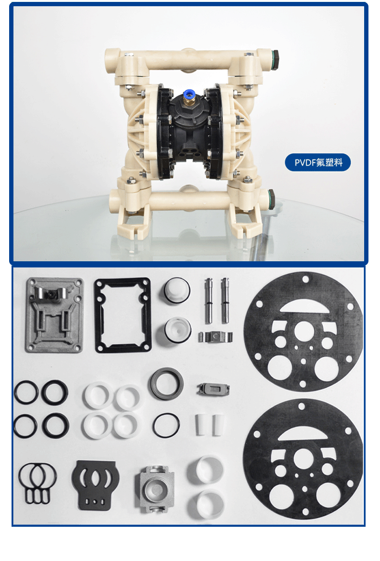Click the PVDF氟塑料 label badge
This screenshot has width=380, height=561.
coord(317,162)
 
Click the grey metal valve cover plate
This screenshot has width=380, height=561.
coord(54,315)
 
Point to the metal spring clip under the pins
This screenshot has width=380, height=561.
coord(215,337)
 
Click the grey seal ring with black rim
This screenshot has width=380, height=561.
coord(166,384)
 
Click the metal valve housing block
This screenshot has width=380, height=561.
coord(154,489)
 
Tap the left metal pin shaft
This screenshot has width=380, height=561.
coord(208,301)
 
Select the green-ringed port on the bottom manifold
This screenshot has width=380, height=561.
coord(271,198)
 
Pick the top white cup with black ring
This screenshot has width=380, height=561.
coord(176,291)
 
